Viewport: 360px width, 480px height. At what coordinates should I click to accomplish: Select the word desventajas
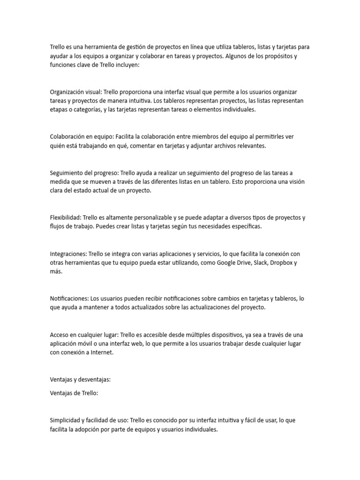tap(92, 380)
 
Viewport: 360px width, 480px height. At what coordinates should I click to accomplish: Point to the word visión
tap(293, 181)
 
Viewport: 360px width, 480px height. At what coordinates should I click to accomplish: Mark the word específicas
tap(244, 226)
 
